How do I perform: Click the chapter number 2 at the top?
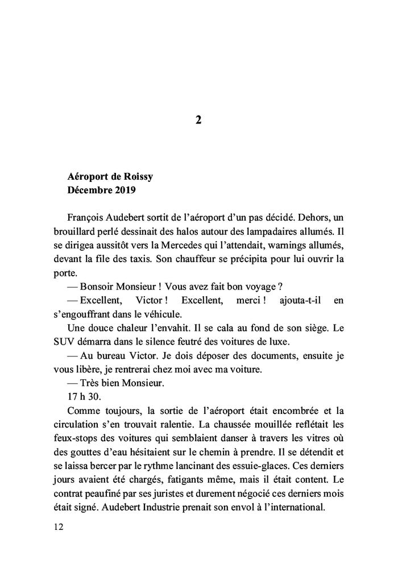(198, 120)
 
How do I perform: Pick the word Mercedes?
(161, 245)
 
